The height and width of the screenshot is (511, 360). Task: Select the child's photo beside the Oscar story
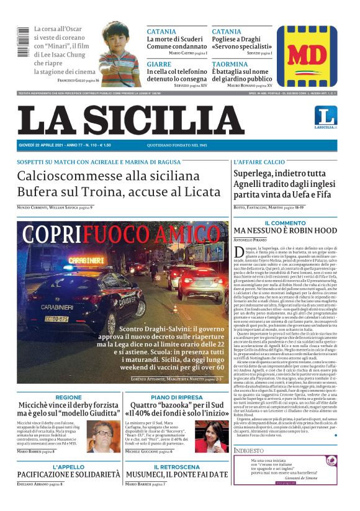point(119,53)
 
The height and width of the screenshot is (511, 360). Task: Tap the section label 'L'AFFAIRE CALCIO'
point(259,162)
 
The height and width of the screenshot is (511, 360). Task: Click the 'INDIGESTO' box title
point(250,450)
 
